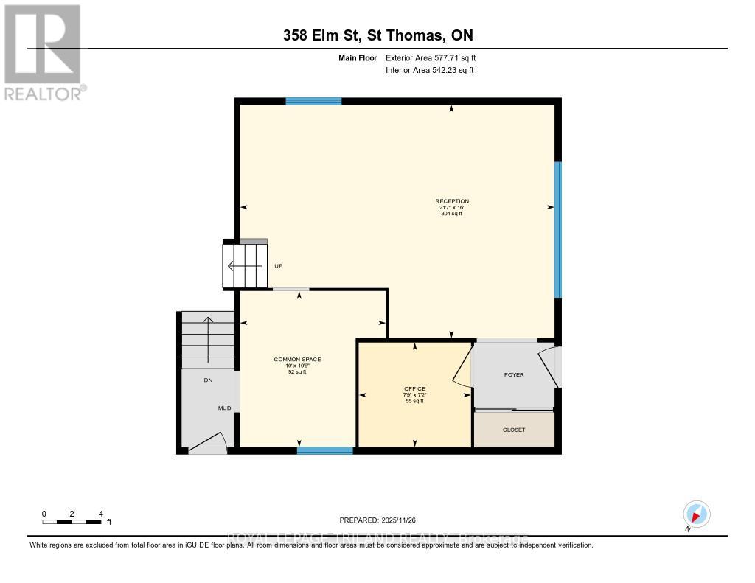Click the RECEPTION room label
point(451,201)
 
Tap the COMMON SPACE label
point(297,360)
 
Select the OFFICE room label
point(414,389)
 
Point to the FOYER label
point(514,374)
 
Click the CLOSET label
point(514,430)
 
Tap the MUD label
point(224,408)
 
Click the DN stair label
point(208,380)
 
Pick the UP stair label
point(279,266)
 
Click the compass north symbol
point(696,514)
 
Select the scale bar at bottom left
point(72,522)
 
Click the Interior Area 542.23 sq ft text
point(429,71)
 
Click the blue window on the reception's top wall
point(313,101)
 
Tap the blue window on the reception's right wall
point(558,229)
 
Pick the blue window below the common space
point(324,450)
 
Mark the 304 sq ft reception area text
point(451,214)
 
